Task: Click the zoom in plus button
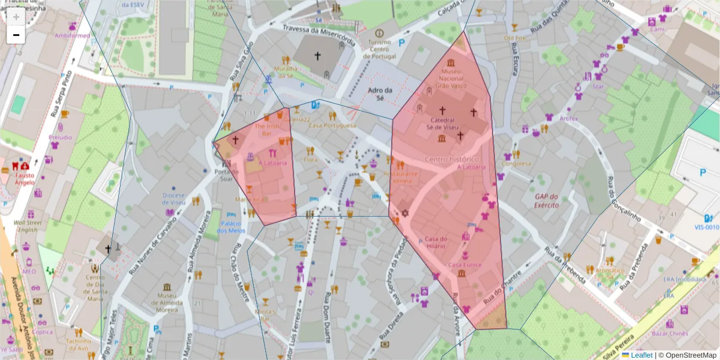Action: point(16,17)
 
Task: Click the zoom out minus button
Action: point(16,35)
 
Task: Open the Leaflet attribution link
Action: point(641,355)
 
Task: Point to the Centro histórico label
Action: point(451,159)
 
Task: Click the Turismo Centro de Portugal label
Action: point(379,49)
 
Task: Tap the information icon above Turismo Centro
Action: point(379,32)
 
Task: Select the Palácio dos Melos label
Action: point(231,227)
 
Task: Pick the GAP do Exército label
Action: point(547,200)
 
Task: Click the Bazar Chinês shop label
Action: point(669,332)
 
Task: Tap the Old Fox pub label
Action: point(514,38)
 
